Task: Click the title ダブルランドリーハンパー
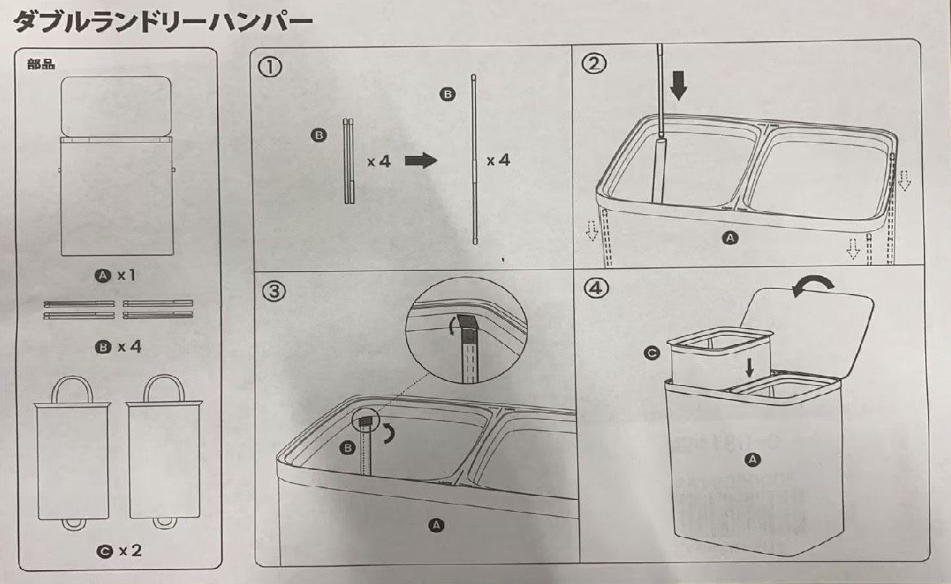(163, 22)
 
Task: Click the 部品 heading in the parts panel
(41, 64)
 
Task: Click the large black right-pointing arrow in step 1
(420, 160)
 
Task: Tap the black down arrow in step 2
(678, 85)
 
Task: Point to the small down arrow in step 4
(750, 367)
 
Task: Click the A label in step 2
(731, 237)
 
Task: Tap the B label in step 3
(348, 449)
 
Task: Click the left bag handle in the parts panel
(72, 390)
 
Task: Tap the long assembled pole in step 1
(474, 159)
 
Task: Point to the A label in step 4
(753, 459)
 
